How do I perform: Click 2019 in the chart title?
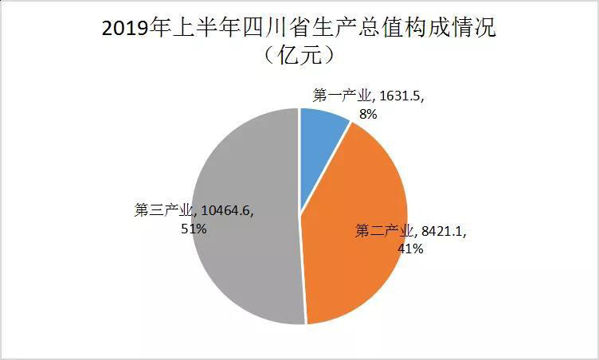pyautogui.click(x=127, y=30)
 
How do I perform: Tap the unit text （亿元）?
pyautogui.click(x=299, y=57)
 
